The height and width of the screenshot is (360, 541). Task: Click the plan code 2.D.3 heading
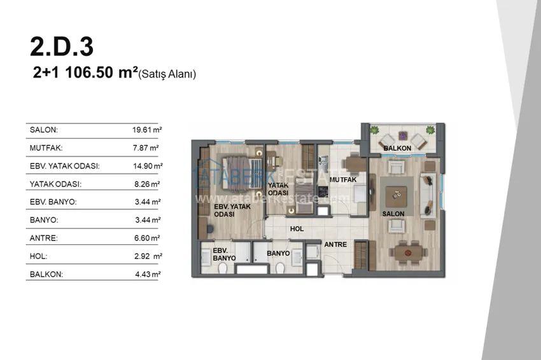pyautogui.click(x=62, y=47)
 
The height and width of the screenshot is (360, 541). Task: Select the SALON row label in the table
pyautogui.click(x=44, y=130)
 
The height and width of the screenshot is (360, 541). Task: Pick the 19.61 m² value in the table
pyautogui.click(x=147, y=130)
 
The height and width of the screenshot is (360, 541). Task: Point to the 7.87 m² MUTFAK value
pyautogui.click(x=146, y=148)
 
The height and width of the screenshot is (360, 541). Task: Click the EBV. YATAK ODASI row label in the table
pyautogui.click(x=65, y=166)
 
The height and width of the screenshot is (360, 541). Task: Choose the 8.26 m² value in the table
pyautogui.click(x=147, y=184)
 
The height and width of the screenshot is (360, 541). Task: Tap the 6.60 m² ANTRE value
pyautogui.click(x=147, y=238)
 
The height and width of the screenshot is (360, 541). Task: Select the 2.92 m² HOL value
pyautogui.click(x=148, y=256)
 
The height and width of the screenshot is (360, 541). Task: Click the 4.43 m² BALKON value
pyautogui.click(x=148, y=275)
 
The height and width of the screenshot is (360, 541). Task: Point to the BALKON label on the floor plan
pyautogui.click(x=397, y=148)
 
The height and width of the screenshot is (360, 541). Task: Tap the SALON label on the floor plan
pyautogui.click(x=393, y=214)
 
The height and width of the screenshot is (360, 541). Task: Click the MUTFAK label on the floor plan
pyautogui.click(x=343, y=179)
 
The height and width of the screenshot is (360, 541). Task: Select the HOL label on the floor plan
pyautogui.click(x=297, y=228)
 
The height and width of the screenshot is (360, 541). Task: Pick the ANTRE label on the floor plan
pyautogui.click(x=335, y=244)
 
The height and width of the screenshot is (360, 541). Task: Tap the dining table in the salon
pyautogui.click(x=409, y=253)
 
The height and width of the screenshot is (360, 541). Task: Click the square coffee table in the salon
pyautogui.click(x=396, y=196)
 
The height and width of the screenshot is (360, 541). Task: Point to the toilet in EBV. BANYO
pyautogui.click(x=223, y=268)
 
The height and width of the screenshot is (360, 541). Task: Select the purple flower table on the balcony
pyautogui.click(x=403, y=135)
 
